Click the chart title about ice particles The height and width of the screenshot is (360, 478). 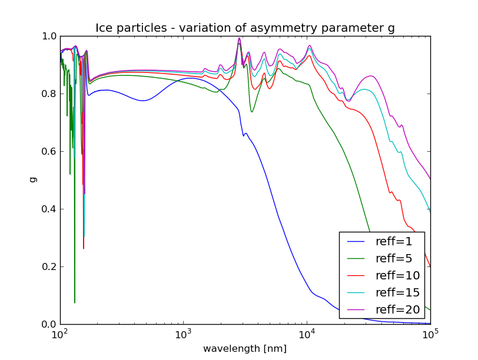pos(245,28)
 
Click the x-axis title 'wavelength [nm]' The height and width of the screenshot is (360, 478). pos(245,349)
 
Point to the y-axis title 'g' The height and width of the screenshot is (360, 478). pos(33,180)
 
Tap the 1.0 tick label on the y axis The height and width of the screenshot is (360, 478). pos(49,36)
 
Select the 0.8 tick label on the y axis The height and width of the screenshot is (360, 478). pos(49,94)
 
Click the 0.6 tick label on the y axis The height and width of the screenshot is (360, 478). pos(49,152)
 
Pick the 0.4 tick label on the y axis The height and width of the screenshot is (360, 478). pos(49,209)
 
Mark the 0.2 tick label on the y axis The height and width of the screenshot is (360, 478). pos(49,267)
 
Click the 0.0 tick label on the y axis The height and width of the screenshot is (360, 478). pos(49,325)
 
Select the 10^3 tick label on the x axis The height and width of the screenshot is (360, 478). pos(184,335)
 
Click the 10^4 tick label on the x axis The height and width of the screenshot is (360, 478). pos(307,335)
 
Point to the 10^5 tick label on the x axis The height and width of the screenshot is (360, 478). pos(430,335)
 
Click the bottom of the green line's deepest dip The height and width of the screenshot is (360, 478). pos(75,302)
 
